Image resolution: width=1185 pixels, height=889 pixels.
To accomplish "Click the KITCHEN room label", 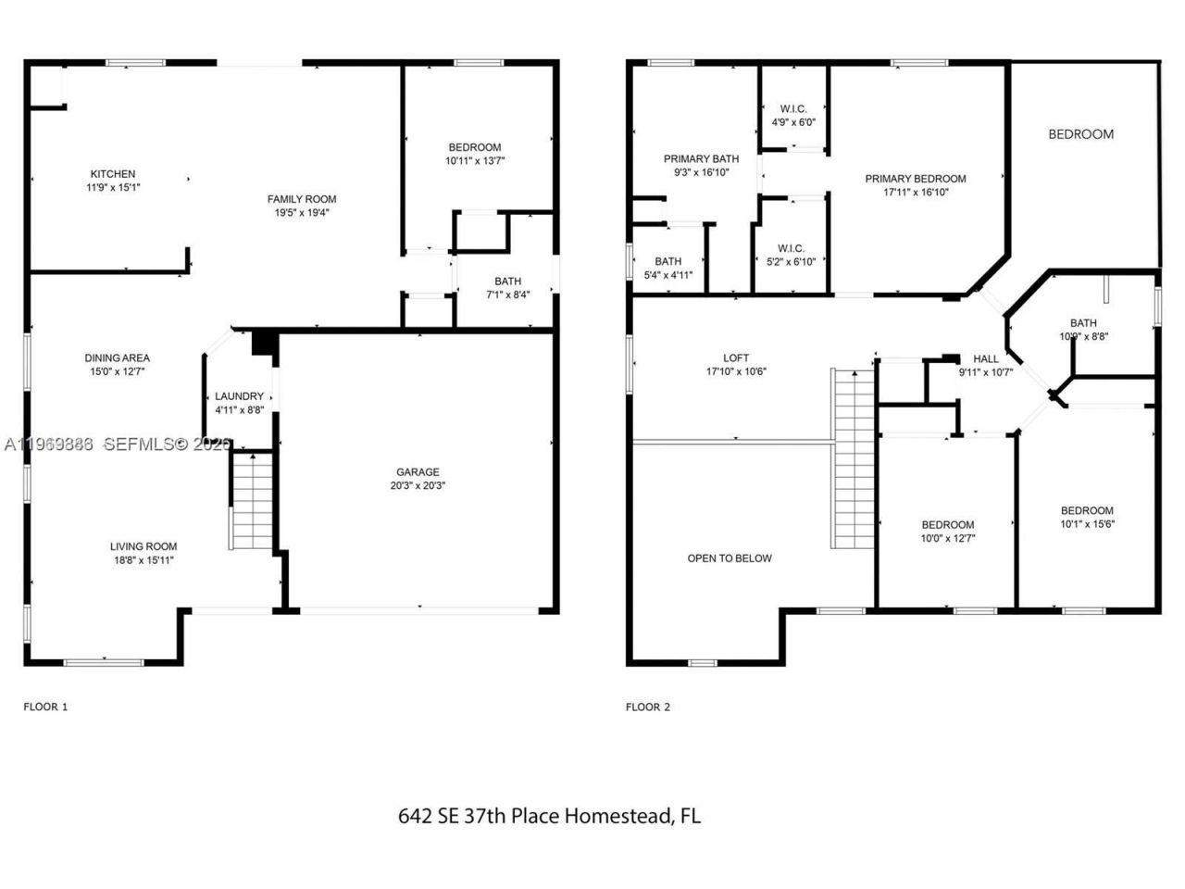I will [x=112, y=174].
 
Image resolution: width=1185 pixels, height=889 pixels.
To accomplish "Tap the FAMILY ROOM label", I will [x=302, y=199].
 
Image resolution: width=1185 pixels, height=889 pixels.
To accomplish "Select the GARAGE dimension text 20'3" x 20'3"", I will [x=419, y=485].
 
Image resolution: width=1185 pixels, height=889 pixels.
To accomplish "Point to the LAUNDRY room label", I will [x=239, y=396].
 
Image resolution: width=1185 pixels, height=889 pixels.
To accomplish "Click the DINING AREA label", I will [x=117, y=358].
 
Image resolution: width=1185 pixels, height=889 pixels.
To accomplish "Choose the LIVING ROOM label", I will [x=143, y=546].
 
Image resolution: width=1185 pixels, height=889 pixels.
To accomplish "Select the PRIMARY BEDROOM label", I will [x=915, y=179].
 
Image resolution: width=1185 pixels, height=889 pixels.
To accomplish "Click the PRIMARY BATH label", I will [x=701, y=158].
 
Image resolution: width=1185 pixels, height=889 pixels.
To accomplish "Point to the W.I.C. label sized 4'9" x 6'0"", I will [x=793, y=109].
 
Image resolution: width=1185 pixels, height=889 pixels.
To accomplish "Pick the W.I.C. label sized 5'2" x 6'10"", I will [x=791, y=248].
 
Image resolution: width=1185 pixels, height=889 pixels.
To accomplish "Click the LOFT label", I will [x=736, y=358].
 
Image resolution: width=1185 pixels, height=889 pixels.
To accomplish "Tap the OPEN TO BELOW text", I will [x=730, y=558].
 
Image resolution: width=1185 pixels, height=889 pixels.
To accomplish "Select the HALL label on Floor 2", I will [x=986, y=359].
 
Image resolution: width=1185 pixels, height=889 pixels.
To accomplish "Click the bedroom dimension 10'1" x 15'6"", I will [x=1087, y=523].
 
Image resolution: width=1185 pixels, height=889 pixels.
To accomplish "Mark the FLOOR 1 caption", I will [x=45, y=707].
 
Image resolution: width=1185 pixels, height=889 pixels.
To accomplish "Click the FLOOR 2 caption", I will [x=648, y=707].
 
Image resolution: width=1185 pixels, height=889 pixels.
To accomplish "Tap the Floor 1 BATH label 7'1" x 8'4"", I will [x=507, y=282].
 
